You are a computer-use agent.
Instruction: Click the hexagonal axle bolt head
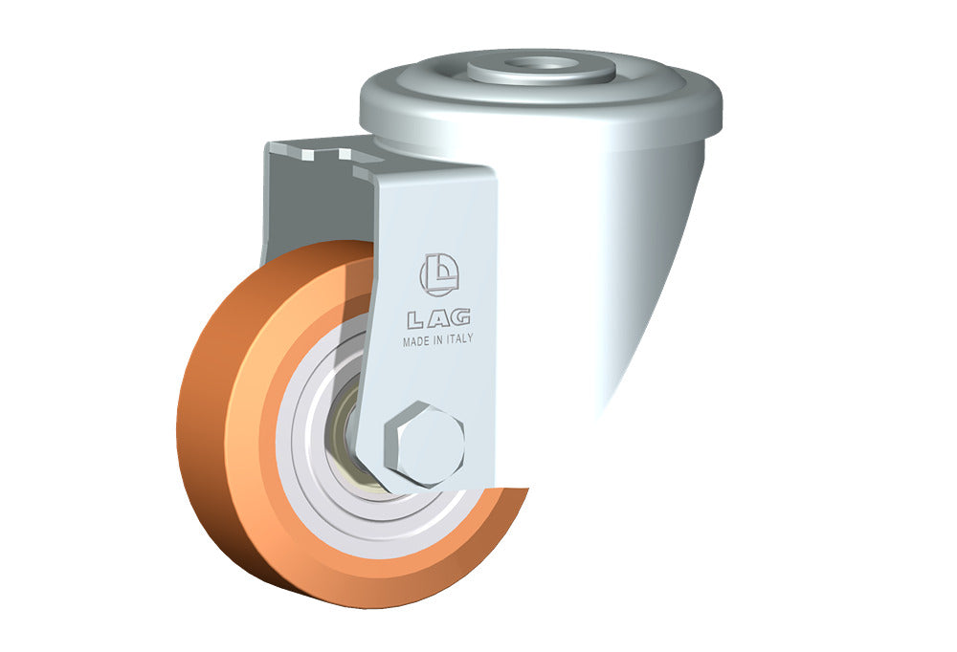[x=424, y=444]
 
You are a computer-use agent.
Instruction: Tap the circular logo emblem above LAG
[x=439, y=274]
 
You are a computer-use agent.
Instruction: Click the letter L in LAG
[x=415, y=318]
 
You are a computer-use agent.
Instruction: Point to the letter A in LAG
[x=437, y=317]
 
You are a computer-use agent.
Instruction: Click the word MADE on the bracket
[x=415, y=341]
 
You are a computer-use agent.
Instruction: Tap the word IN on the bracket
[x=437, y=340]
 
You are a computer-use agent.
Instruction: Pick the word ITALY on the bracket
[x=460, y=338]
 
